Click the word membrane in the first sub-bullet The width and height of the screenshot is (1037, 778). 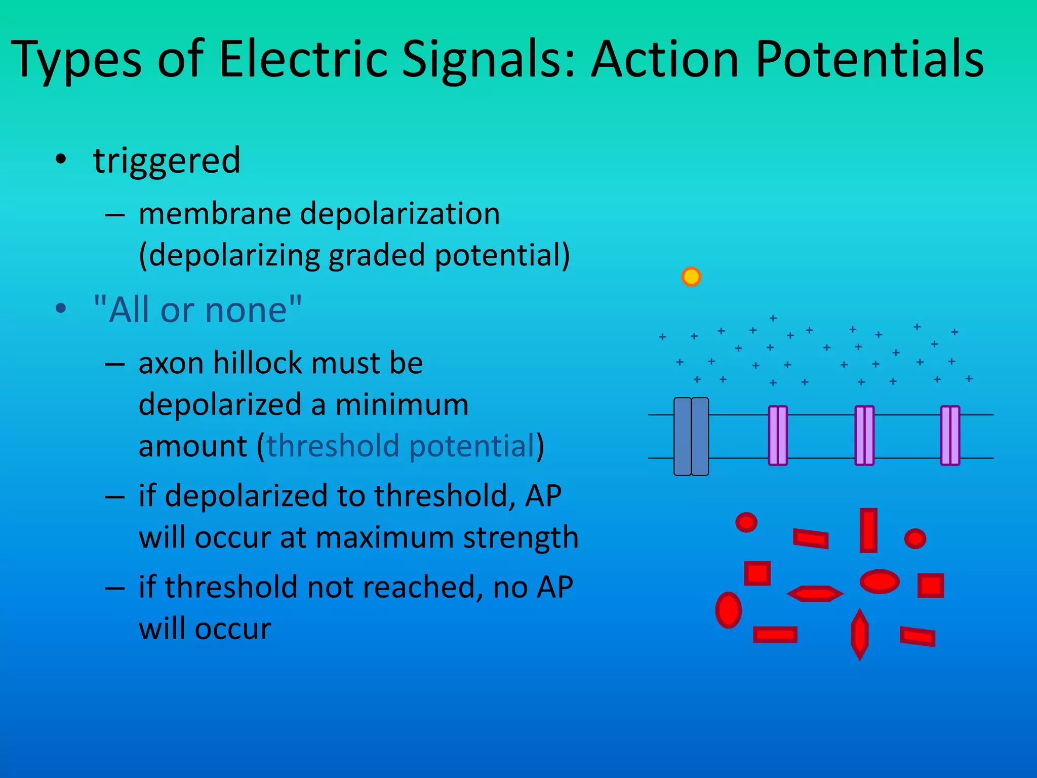point(214,214)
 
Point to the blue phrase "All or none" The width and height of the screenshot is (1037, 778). point(198,310)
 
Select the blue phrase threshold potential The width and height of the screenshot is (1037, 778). point(401,446)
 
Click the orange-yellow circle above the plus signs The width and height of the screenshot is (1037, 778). point(691,277)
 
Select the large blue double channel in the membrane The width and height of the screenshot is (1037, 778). point(691,437)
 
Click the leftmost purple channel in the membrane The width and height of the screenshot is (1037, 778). point(778,436)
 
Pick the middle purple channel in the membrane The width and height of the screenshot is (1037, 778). point(864,436)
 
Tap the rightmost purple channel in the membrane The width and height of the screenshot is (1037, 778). point(950,436)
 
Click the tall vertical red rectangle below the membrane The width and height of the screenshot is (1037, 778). point(868,530)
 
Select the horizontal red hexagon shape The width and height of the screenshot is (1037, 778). point(815,594)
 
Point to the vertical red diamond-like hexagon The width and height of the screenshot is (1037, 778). point(859,634)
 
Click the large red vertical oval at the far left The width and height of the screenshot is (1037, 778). point(728,610)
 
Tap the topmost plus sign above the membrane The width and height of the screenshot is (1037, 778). point(773,318)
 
